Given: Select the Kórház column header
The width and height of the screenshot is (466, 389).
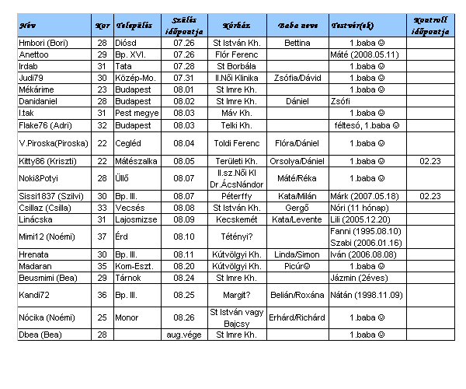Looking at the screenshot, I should (x=235, y=24).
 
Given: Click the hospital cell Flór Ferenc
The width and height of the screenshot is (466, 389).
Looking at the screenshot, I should (x=235, y=54).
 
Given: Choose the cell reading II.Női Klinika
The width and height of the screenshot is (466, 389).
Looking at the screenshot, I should (x=235, y=78).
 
